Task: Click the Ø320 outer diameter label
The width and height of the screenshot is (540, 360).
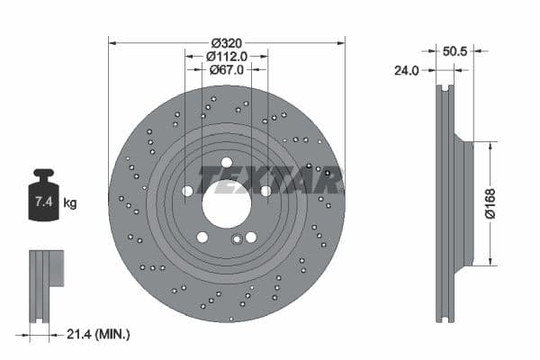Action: (227, 43)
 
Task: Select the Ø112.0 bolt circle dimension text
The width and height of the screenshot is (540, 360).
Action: (227, 57)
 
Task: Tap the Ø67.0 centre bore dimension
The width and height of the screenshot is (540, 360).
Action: (227, 70)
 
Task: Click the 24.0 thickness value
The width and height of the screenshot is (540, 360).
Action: (408, 69)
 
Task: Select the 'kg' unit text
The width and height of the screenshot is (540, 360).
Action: (70, 203)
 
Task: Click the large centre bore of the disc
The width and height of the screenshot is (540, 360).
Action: (227, 203)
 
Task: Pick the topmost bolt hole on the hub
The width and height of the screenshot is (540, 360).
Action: (227, 163)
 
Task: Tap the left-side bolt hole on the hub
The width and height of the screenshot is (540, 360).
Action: (187, 191)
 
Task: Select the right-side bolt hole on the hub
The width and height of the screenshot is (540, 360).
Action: (265, 191)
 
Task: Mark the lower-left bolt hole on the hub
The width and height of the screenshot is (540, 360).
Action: (202, 237)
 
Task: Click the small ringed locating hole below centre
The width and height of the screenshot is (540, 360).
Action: (238, 239)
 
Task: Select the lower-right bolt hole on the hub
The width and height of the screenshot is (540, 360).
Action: (251, 237)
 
